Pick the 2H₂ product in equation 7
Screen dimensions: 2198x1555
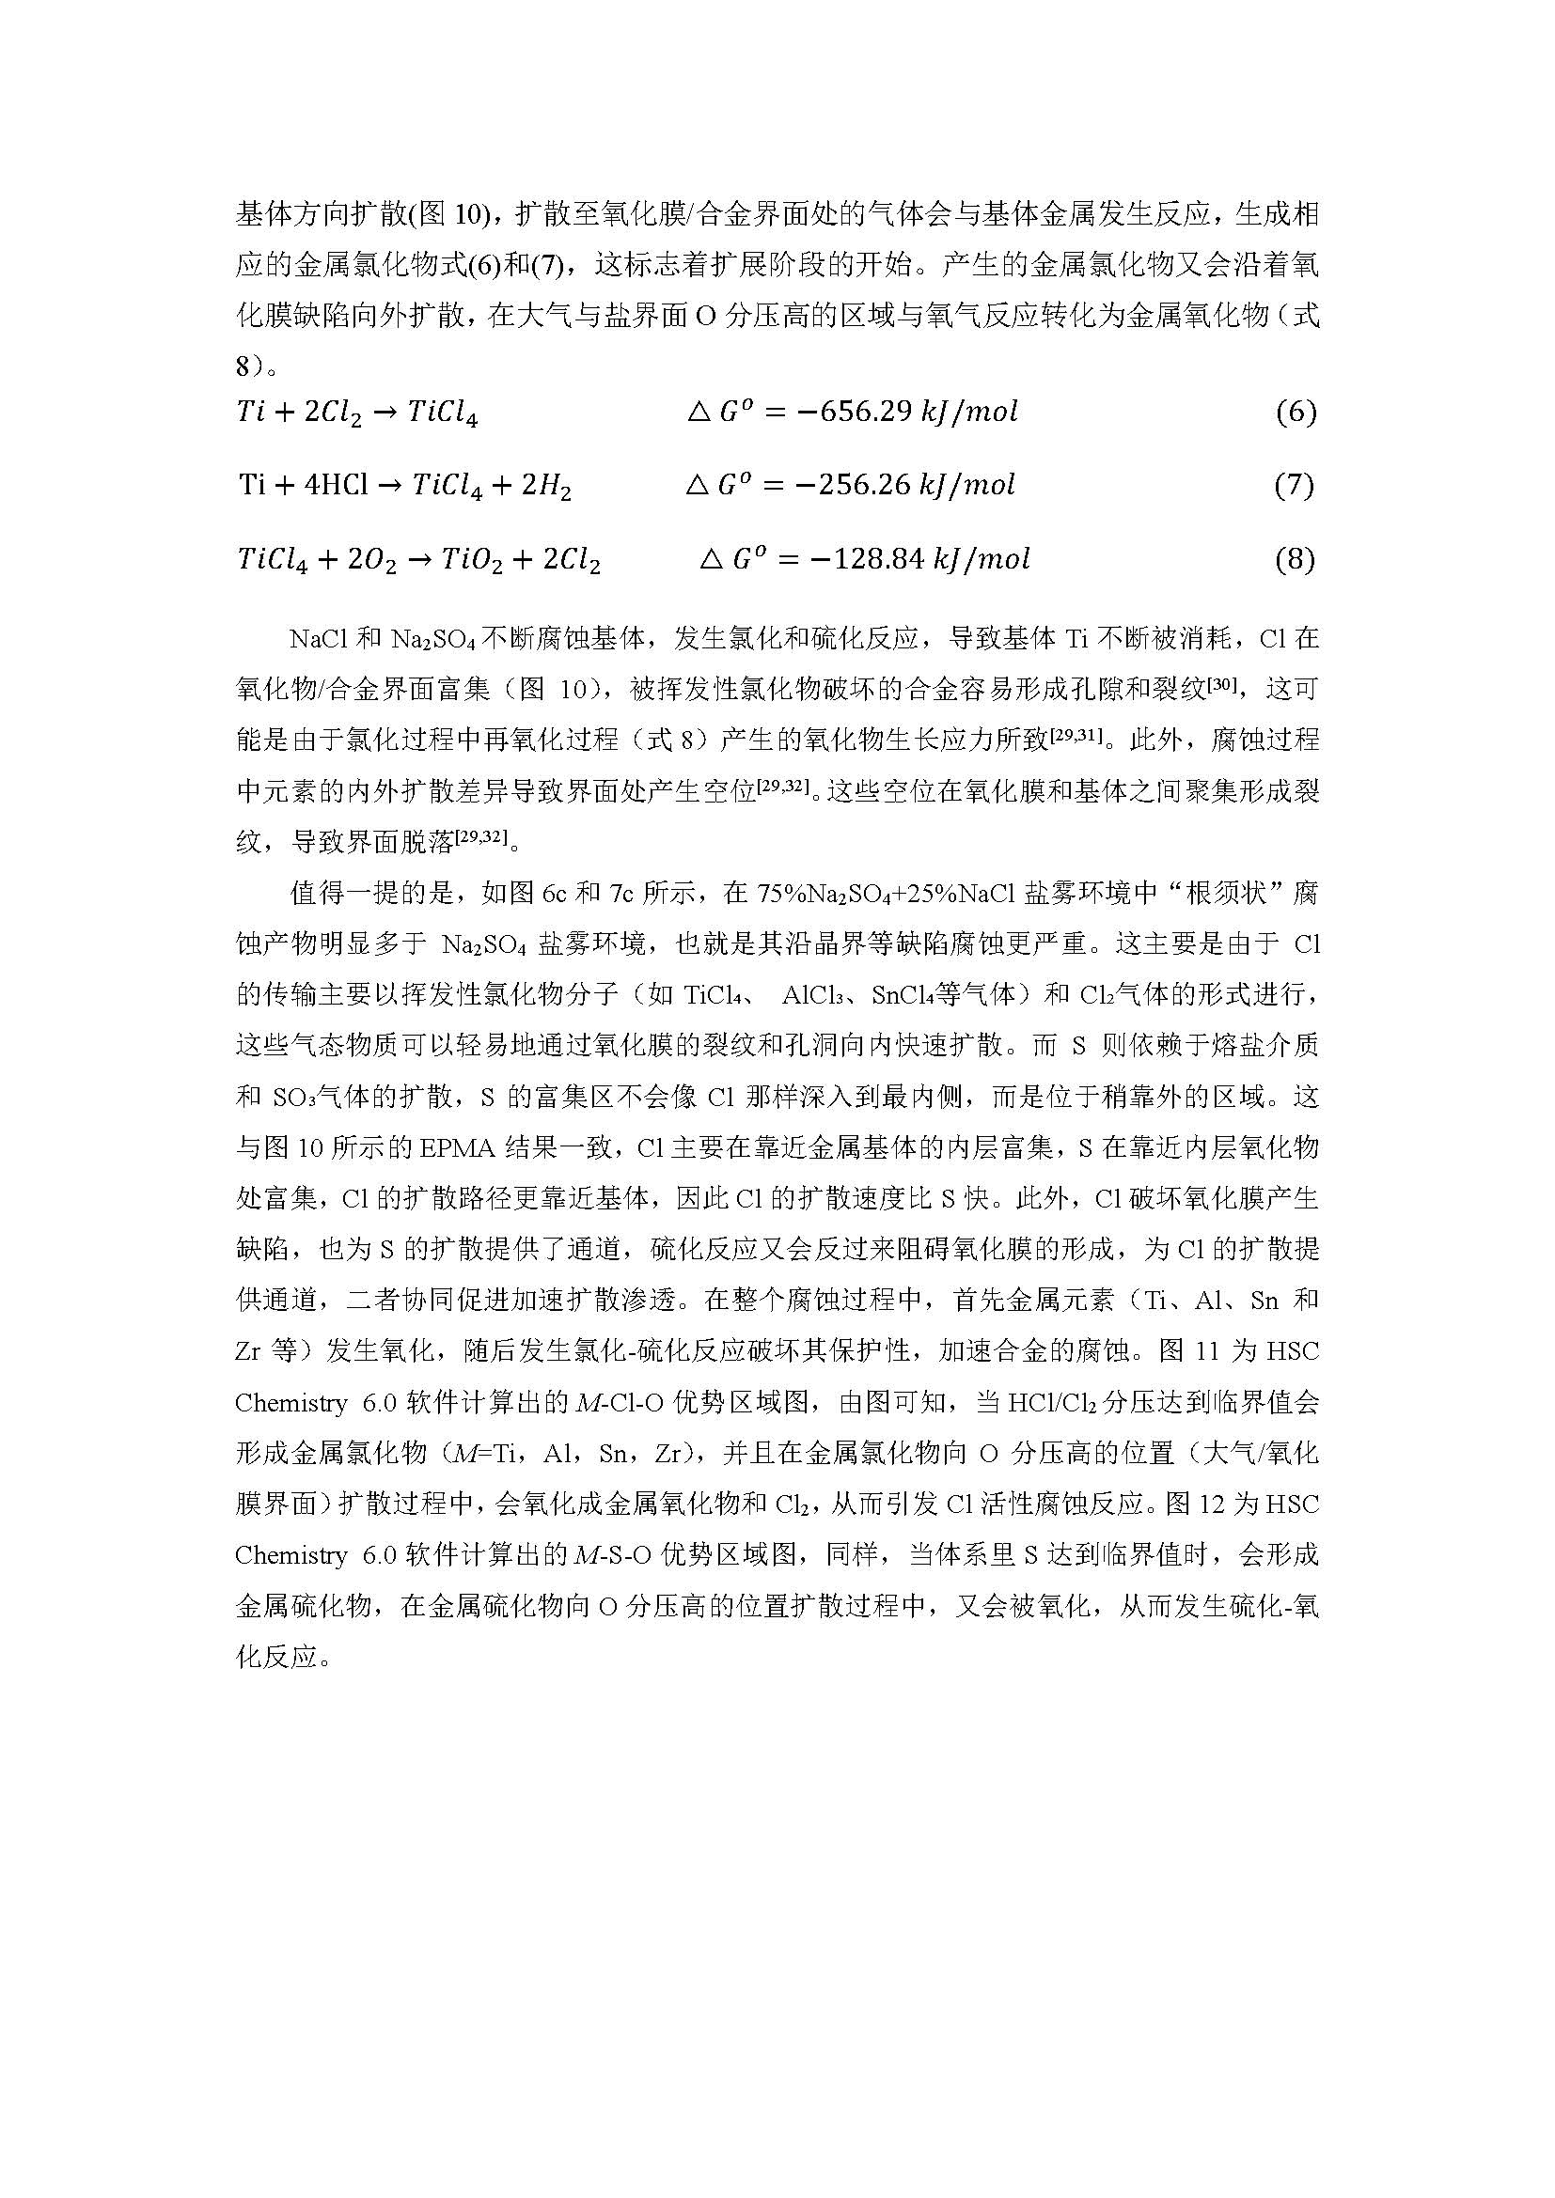(545, 487)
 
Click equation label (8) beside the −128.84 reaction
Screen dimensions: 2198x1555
(1295, 559)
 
